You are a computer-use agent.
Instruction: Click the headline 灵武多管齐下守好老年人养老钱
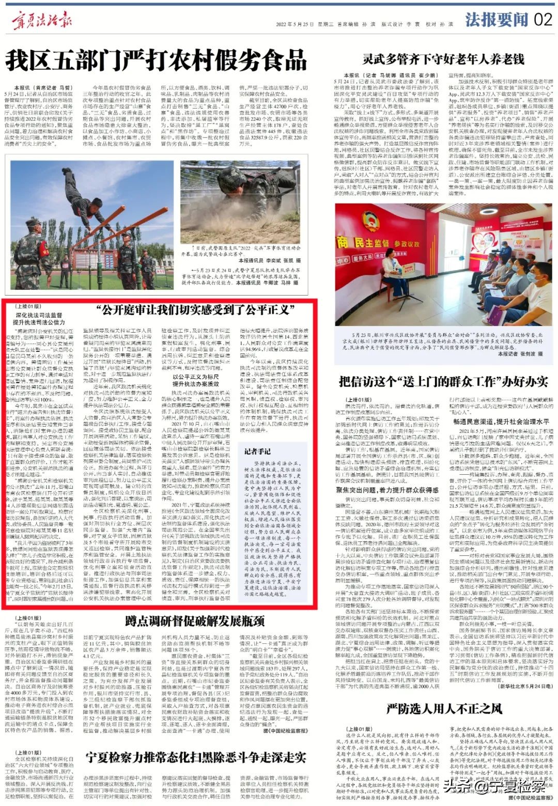click(443, 59)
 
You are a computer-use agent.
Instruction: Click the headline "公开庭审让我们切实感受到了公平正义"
click(196, 310)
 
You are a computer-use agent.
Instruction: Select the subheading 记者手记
click(257, 451)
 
